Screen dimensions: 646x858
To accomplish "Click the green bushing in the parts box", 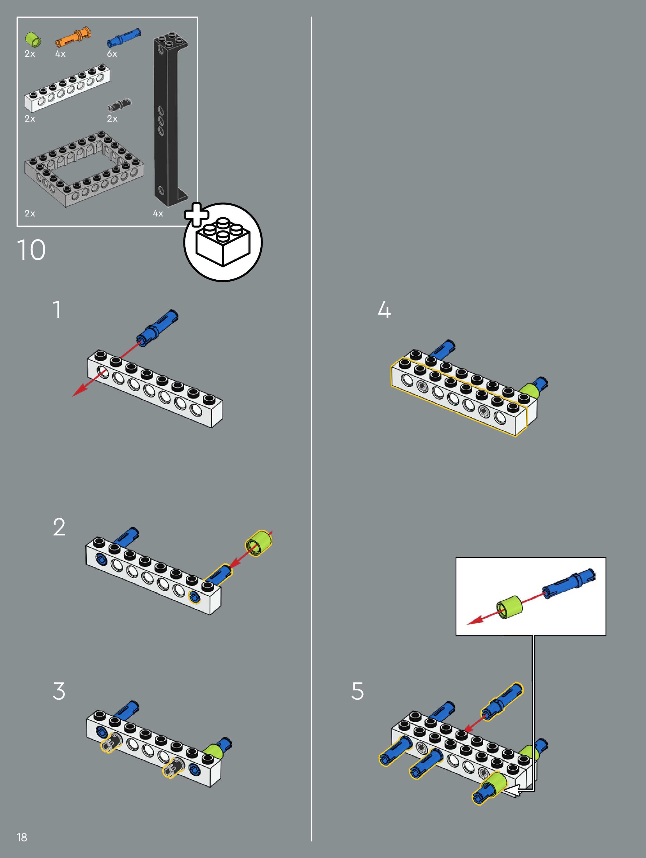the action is pyautogui.click(x=33, y=40).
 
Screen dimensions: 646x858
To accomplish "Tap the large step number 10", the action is pyautogui.click(x=31, y=250).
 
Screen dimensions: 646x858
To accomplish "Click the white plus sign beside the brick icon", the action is pyautogui.click(x=196, y=214).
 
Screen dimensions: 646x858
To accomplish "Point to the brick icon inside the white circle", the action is pyautogui.click(x=223, y=242).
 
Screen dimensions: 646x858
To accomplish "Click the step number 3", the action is pyautogui.click(x=59, y=691).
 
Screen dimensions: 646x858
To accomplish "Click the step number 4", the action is pyautogui.click(x=384, y=310).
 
